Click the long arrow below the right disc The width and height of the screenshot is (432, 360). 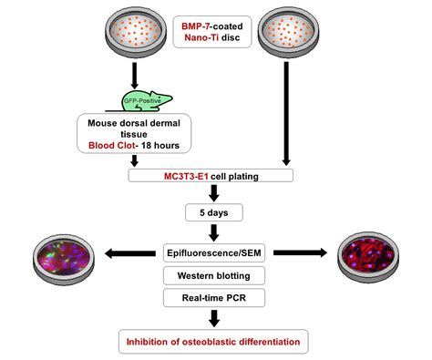pyautogui.click(x=289, y=114)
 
